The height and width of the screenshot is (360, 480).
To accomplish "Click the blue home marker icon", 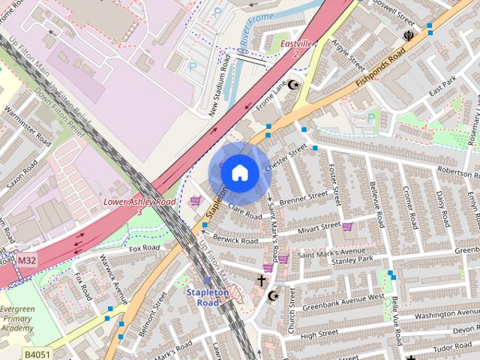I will [x=238, y=172].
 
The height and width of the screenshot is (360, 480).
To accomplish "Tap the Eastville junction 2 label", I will [x=296, y=49].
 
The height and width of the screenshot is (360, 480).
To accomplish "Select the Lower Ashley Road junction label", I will [x=139, y=206].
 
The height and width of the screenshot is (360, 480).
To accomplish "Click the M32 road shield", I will [x=26, y=260].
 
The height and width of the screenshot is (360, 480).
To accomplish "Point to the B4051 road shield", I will [x=36, y=353].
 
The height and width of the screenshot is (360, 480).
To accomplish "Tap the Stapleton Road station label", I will [x=208, y=297].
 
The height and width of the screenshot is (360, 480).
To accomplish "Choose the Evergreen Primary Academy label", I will [x=17, y=318].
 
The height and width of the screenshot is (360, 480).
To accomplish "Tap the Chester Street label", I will [x=286, y=158].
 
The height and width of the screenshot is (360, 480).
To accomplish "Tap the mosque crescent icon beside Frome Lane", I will [x=293, y=85].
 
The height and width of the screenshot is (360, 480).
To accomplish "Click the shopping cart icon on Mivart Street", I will [x=347, y=226].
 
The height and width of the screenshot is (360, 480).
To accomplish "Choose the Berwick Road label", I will [x=235, y=238].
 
